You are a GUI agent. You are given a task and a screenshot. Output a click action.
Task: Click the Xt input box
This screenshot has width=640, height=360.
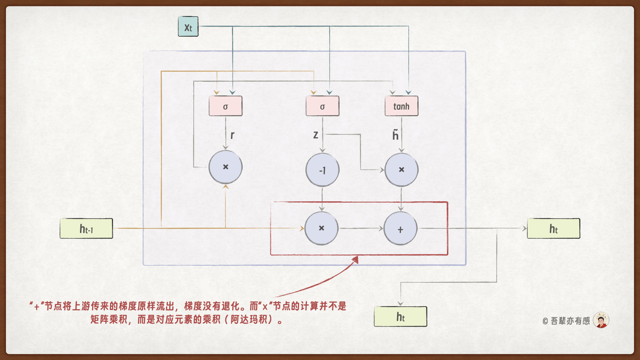pos(188,27)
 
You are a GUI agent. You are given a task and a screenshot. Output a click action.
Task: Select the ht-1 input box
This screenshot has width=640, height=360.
pos(86,229)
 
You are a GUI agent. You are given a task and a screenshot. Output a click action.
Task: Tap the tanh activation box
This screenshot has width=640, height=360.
pos(401,106)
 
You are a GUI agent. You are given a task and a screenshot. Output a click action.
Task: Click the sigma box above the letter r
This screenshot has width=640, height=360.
pos(225,106)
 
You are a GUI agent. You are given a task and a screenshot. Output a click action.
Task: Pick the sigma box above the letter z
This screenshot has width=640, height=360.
pos(322,106)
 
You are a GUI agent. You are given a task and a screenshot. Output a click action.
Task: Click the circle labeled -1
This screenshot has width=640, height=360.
pos(322,170)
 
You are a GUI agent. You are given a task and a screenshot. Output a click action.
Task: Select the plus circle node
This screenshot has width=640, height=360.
pos(400,229)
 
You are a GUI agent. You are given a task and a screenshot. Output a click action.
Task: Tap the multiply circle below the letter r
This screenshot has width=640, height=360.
pos(225,167)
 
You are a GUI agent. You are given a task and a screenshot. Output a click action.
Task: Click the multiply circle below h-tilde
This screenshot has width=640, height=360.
pos(401,170)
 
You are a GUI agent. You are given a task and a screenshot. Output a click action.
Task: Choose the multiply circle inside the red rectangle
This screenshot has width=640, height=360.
pos(321,228)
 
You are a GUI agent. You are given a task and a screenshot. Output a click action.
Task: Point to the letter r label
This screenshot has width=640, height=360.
pos(232,135)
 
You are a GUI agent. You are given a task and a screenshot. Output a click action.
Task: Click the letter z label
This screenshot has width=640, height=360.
pos(315,135)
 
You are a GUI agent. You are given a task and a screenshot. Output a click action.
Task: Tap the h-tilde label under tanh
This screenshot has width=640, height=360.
pos(395,135)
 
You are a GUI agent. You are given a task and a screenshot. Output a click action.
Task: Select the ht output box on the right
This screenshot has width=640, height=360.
pos(553,229)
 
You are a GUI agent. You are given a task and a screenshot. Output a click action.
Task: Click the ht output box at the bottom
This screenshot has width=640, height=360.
pos(400,317)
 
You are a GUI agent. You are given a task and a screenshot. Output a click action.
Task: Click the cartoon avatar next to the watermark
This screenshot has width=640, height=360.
pos(601,320)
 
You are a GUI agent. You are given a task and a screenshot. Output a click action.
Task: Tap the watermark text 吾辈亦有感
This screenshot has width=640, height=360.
pos(570,321)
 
